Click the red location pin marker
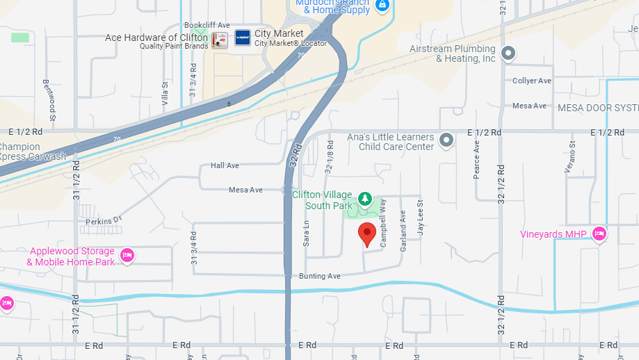[x=367, y=234]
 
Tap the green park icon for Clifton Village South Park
[x=364, y=200]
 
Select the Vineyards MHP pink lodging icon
[x=599, y=234]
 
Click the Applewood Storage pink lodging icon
[x=127, y=256]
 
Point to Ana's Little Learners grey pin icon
[x=447, y=140]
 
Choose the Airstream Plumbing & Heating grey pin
[x=509, y=53]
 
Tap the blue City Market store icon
[x=242, y=38]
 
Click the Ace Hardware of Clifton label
[x=156, y=38]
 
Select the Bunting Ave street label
[x=319, y=276]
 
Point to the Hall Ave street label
[x=225, y=165]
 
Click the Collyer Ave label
[x=531, y=81]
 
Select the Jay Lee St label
[x=420, y=218]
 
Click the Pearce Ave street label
[x=477, y=161]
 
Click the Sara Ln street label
[x=306, y=234]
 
